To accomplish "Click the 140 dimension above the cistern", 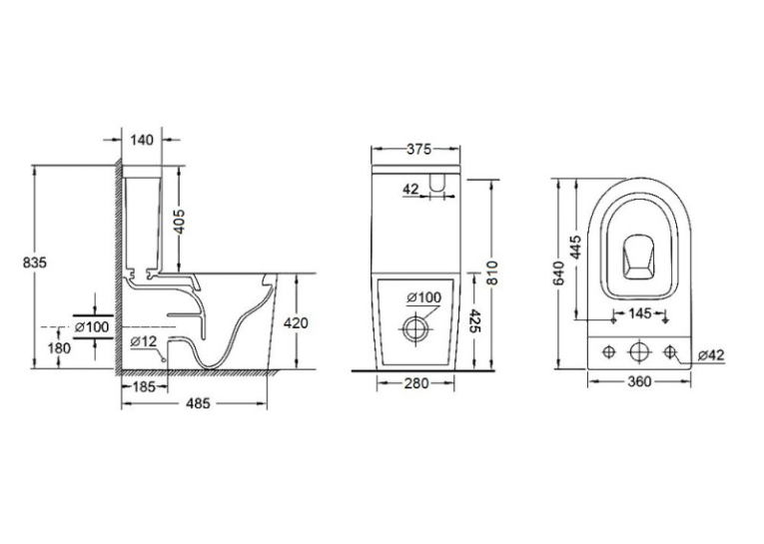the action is (142, 141).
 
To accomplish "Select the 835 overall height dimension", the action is (35, 263).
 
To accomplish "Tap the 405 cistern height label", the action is (180, 222).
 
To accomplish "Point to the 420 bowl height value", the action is (296, 322).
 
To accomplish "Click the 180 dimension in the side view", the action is (60, 348).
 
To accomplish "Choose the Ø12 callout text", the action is (144, 341).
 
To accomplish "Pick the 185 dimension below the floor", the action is (144, 386).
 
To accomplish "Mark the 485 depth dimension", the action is (199, 403).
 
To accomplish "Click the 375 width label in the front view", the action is (419, 149).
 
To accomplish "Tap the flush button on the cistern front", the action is (437, 182).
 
